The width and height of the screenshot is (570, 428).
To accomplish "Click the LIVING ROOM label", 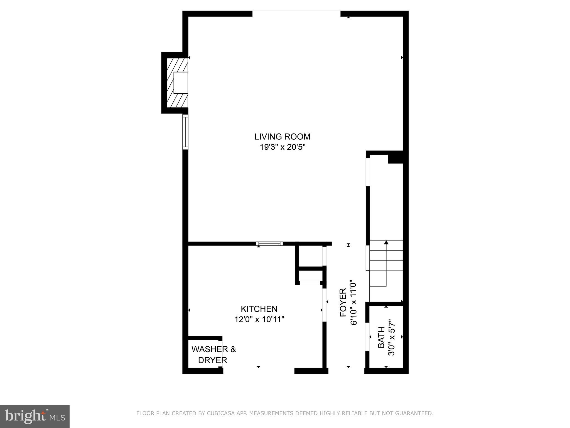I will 282,137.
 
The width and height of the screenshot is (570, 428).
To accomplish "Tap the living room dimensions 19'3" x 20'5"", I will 282,147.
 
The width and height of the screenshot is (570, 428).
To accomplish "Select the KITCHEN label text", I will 259,309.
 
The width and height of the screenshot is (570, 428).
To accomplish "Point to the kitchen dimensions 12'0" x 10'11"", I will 259,319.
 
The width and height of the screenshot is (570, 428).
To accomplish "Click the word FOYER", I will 343,303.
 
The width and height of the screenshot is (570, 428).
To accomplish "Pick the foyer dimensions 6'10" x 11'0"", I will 353,303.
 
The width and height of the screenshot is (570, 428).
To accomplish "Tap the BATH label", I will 381,337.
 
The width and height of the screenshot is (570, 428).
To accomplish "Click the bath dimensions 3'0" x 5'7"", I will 392,337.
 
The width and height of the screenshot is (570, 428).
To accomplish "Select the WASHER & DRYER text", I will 213,354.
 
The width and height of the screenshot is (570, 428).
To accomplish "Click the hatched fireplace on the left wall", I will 177,83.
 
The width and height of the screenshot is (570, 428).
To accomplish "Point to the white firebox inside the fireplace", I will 181,83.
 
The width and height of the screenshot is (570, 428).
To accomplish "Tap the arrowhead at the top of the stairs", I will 386,242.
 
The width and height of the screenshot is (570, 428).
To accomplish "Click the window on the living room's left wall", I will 185,132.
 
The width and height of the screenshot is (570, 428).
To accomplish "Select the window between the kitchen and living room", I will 269,244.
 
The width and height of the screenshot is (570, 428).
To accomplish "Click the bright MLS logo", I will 35,416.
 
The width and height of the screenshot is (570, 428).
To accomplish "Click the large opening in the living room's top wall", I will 296,14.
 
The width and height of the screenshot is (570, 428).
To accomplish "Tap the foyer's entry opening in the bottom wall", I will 346,371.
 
